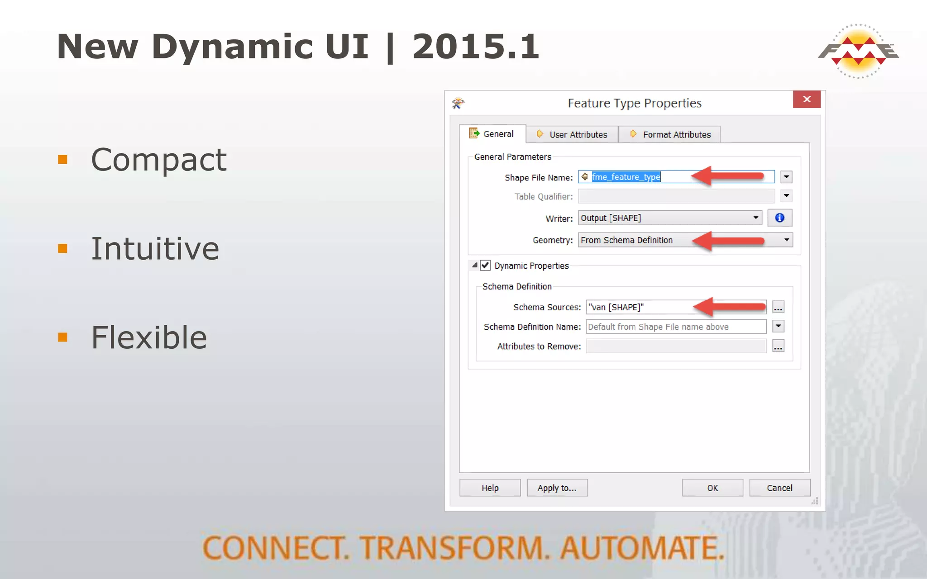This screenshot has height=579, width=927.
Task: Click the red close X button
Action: (806, 100)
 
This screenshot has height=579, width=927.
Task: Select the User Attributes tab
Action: (572, 134)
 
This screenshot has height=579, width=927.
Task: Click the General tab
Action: (492, 134)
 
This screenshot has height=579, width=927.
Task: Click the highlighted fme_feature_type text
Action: (626, 177)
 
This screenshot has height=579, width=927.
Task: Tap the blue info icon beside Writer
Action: (779, 218)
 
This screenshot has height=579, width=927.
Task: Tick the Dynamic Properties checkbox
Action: (485, 266)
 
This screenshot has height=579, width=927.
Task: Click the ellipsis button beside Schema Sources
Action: (778, 307)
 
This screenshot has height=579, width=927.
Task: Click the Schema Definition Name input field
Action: (675, 327)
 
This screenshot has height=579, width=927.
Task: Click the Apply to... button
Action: (557, 488)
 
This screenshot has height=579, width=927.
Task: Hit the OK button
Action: (712, 488)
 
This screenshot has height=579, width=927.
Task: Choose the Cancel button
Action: (779, 488)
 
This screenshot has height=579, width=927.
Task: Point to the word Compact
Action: (158, 160)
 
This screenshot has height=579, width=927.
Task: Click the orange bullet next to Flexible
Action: (63, 337)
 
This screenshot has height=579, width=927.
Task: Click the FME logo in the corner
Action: (858, 51)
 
